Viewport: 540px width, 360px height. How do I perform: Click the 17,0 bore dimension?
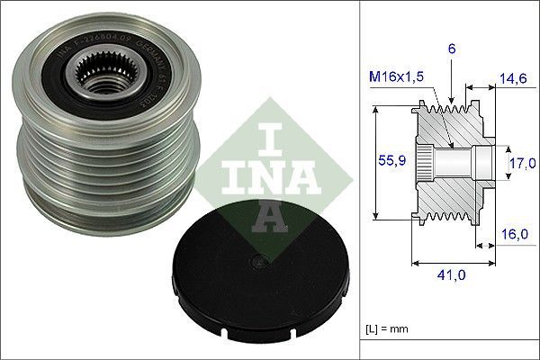521,163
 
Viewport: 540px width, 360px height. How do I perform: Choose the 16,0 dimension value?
513,232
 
